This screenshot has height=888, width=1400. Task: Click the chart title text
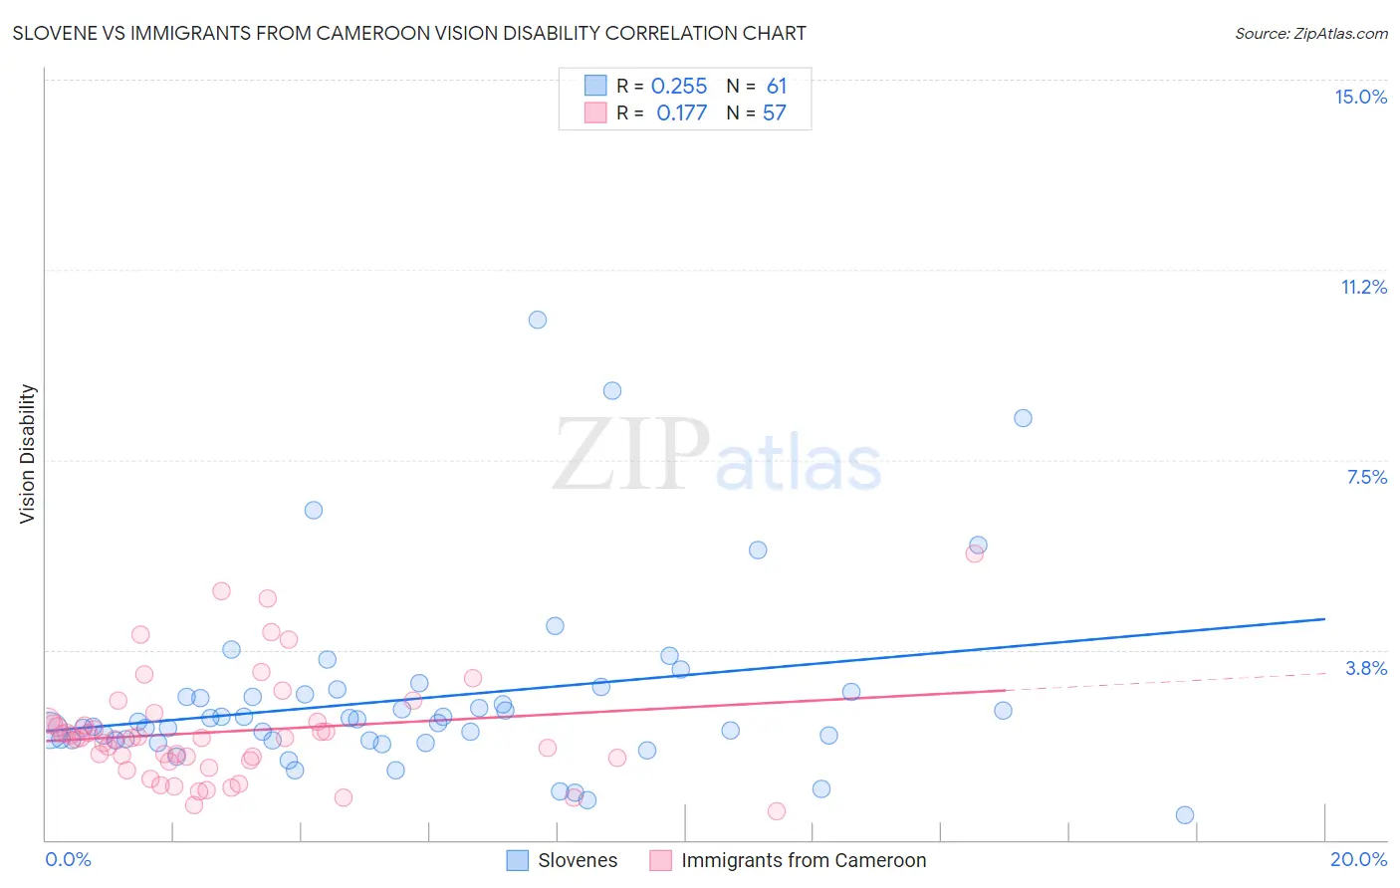click(x=409, y=33)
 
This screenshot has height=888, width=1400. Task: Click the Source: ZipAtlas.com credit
click(x=1310, y=33)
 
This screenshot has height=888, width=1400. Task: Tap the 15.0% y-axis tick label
click(x=1360, y=97)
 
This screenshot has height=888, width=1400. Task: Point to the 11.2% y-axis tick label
click(x=1363, y=287)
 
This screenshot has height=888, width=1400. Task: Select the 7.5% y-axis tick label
click(x=1366, y=477)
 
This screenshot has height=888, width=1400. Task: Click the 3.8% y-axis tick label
click(x=1366, y=668)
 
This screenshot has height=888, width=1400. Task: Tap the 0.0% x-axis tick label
click(x=68, y=859)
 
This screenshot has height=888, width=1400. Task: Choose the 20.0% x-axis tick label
click(x=1358, y=859)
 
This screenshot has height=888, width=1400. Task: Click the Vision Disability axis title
click(x=28, y=453)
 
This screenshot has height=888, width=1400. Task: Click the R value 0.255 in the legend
click(x=679, y=87)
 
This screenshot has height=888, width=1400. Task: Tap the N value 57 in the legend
click(x=775, y=113)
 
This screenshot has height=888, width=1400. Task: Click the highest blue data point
click(x=538, y=320)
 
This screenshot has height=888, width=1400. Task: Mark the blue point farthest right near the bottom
click(x=1185, y=815)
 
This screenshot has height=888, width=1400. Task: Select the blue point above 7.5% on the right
click(x=1023, y=418)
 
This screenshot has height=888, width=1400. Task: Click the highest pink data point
click(x=975, y=554)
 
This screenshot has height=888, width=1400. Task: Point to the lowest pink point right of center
click(x=777, y=811)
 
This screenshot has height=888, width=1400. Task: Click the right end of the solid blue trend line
click(x=1324, y=619)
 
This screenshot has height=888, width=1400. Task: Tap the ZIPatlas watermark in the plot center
click(x=717, y=456)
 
